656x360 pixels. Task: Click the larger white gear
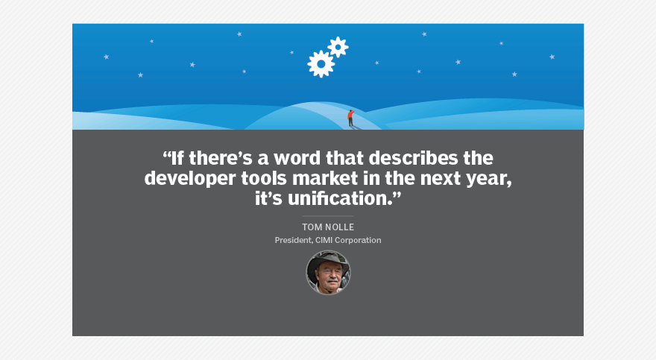(321, 64)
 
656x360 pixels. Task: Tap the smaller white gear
(338, 47)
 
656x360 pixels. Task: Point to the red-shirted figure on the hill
(350, 118)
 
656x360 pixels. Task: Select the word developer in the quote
(190, 179)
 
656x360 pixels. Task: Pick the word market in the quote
(325, 179)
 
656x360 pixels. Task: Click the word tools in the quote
(264, 179)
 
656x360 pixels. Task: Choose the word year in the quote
(493, 180)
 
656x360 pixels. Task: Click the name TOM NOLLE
(328, 227)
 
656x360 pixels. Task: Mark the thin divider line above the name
(328, 216)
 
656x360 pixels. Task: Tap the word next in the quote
(447, 179)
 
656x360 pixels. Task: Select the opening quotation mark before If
(166, 155)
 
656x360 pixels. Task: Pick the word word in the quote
(297, 158)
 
